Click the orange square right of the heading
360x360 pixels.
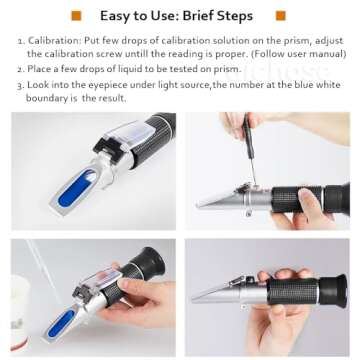[x=281, y=16]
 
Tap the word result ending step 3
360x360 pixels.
[x=117, y=98]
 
